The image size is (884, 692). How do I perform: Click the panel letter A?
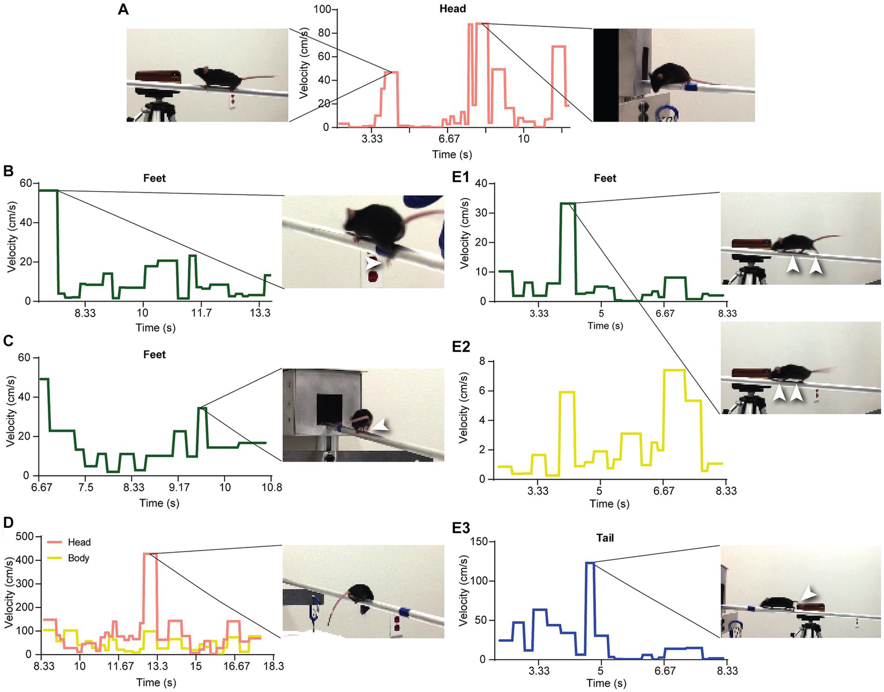coord(123,9)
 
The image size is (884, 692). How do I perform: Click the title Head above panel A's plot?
coord(452,9)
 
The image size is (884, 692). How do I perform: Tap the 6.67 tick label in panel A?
coord(448,139)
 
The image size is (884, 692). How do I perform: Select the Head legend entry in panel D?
coord(78,542)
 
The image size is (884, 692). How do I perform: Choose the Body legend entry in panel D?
coord(78,558)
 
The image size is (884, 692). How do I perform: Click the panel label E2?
coord(461,346)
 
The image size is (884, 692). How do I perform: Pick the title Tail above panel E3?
coord(605,538)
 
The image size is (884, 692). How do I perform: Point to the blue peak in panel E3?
coord(590,562)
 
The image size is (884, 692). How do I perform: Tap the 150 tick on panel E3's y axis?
coord(479,542)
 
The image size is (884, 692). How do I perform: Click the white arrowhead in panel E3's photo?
coord(809,592)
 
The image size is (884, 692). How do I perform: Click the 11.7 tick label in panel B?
coord(201,313)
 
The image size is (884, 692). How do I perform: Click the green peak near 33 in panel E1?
coord(568,203)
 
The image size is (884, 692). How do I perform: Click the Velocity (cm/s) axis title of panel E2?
coord(464,408)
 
